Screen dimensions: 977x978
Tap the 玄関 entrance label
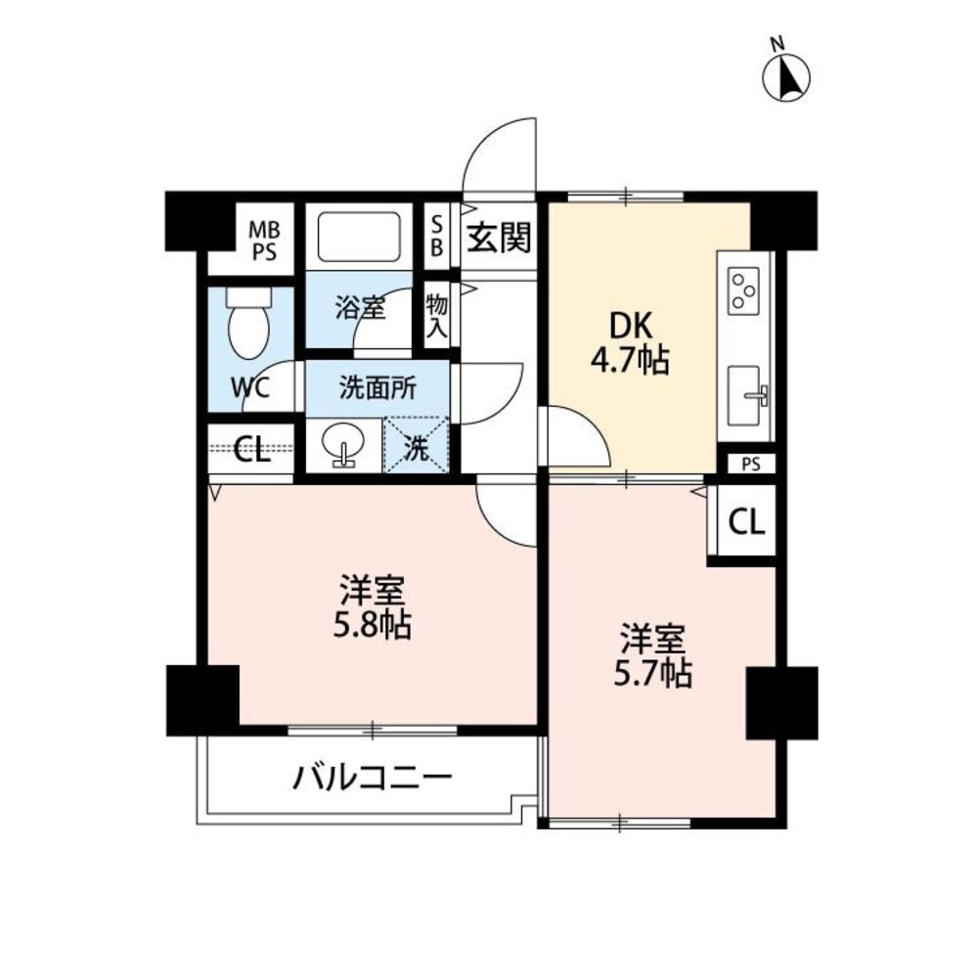(x=500, y=238)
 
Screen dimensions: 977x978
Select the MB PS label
(x=264, y=242)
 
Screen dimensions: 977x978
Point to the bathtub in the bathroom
(x=359, y=238)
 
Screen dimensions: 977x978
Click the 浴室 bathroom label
(x=360, y=308)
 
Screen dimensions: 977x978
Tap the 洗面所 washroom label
(x=378, y=388)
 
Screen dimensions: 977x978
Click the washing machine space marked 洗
(x=417, y=445)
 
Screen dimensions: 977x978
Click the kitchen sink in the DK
(x=747, y=395)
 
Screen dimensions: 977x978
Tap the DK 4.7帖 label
(x=630, y=342)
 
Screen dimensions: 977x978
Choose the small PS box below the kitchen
(x=751, y=464)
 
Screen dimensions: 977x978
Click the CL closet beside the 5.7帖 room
(x=746, y=521)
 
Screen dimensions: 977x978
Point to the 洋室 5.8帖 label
(x=373, y=607)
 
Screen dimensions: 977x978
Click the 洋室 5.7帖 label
(x=652, y=655)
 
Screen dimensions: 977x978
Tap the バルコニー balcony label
(x=373, y=778)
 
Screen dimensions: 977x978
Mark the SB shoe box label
(x=437, y=236)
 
